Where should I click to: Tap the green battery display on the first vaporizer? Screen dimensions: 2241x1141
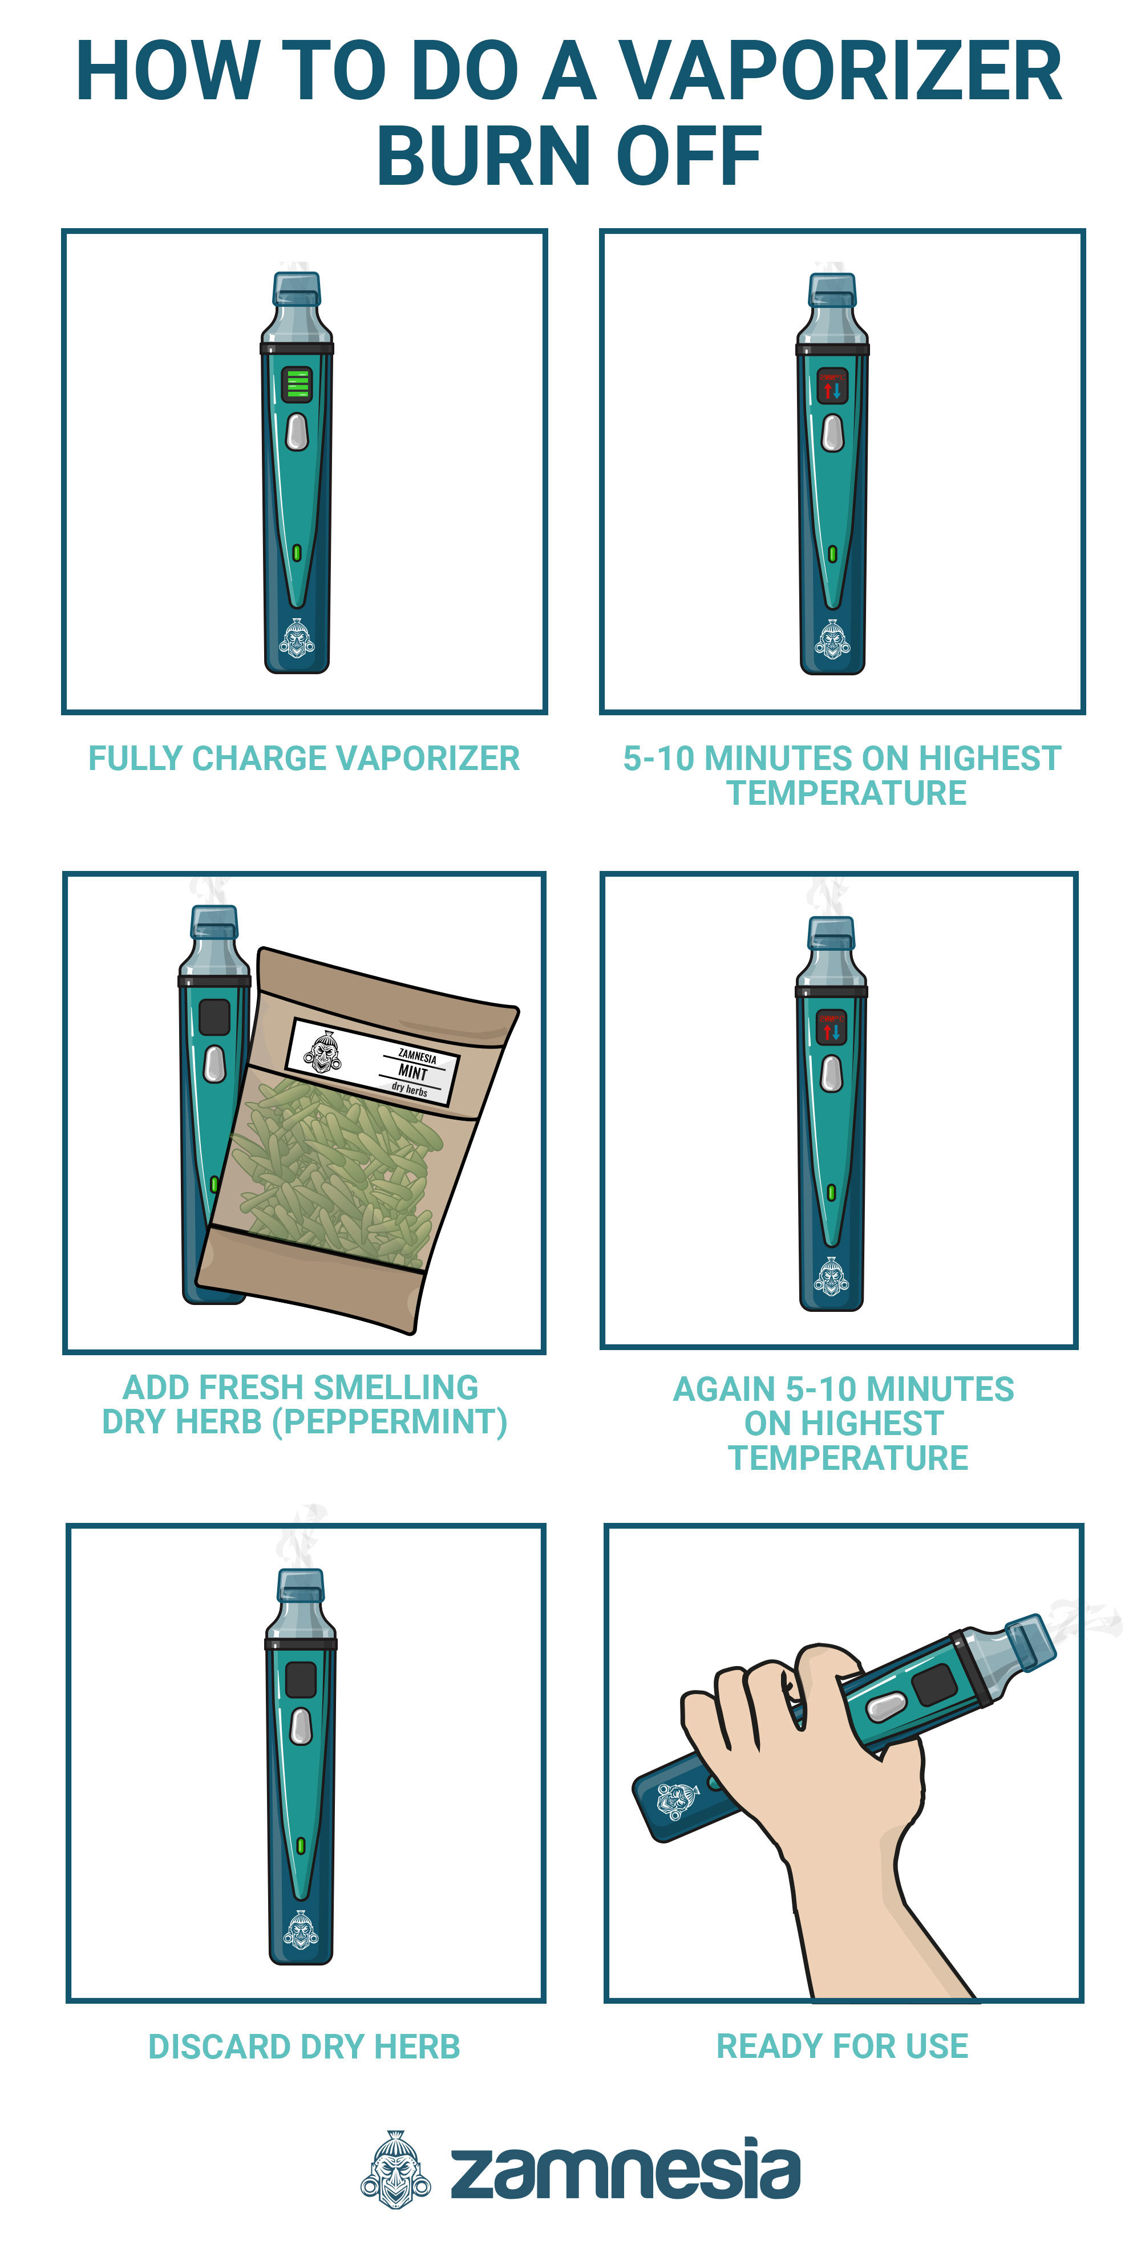tap(297, 384)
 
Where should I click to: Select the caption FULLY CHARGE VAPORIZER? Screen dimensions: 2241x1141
tap(304, 759)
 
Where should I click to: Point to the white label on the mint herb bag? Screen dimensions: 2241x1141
tap(373, 1061)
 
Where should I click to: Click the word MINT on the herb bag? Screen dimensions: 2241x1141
tap(412, 1071)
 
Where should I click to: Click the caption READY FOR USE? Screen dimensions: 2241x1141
tap(841, 2046)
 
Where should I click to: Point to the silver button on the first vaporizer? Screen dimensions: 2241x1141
tap(297, 432)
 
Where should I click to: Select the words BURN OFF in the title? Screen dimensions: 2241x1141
tap(569, 157)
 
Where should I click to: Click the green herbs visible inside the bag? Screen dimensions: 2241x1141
tap(339, 1166)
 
